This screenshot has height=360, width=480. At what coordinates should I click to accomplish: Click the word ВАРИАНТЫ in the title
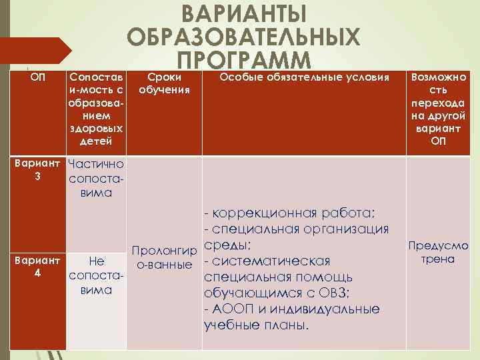(244, 14)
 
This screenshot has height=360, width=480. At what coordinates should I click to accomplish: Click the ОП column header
(38, 78)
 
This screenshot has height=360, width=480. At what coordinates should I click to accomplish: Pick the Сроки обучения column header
(164, 83)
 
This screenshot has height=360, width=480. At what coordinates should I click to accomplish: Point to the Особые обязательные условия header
(304, 78)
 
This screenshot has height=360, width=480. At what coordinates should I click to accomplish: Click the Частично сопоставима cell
(96, 178)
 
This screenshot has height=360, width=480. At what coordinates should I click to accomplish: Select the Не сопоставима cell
(96, 275)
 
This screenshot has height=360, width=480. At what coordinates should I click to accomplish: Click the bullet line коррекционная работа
(294, 213)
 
